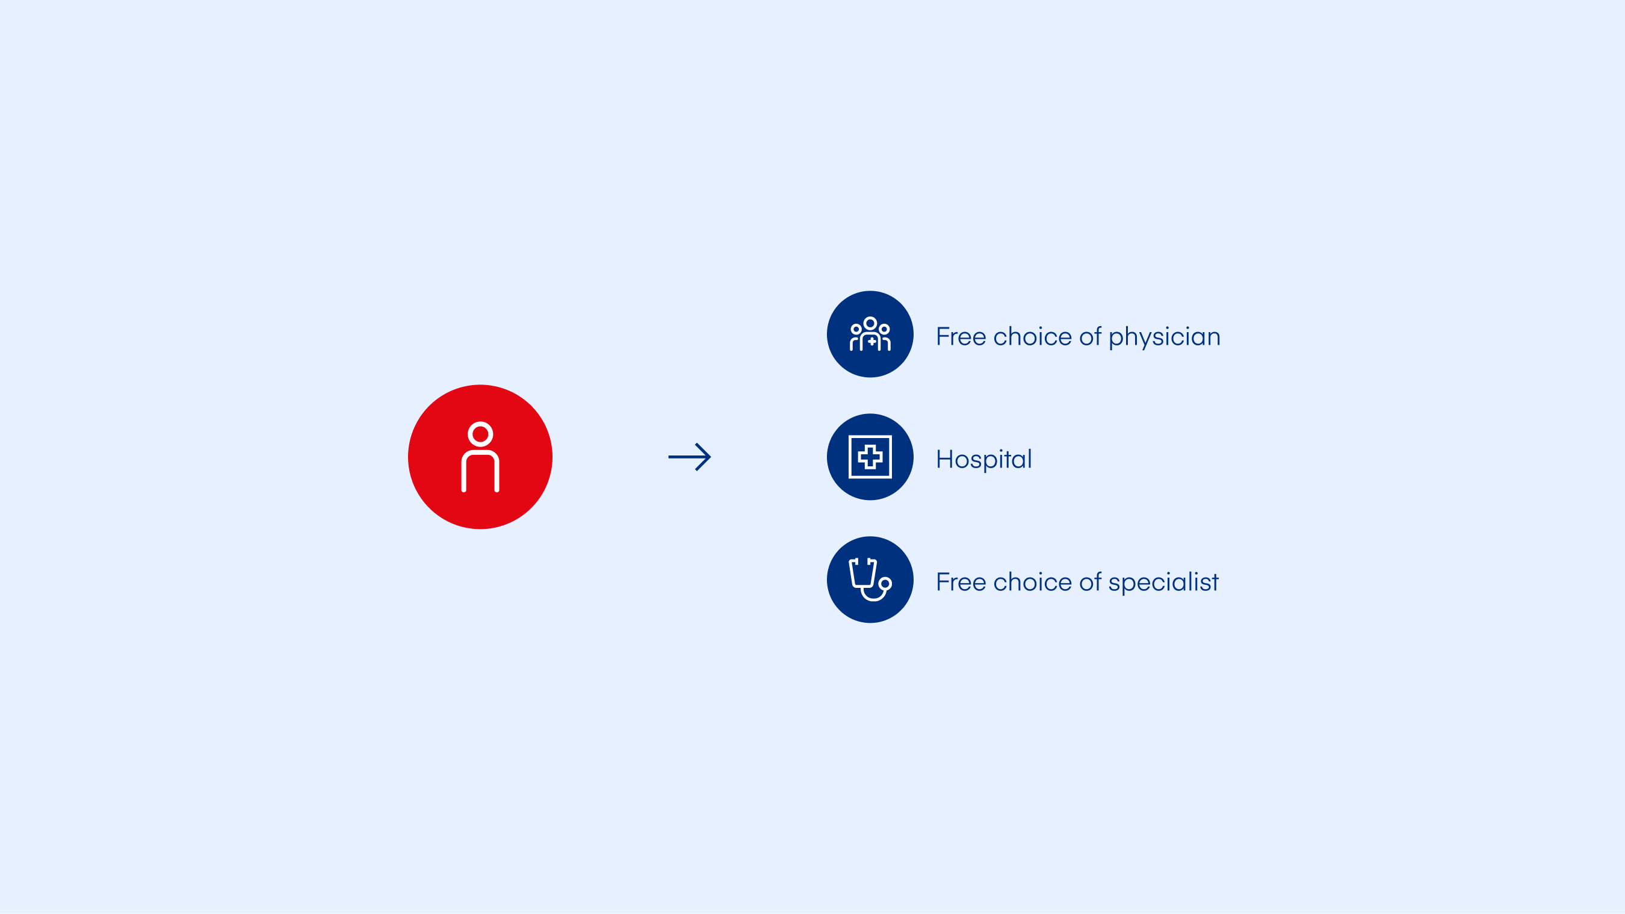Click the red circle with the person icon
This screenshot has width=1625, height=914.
[x=480, y=457]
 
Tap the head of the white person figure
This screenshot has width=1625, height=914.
[x=480, y=434]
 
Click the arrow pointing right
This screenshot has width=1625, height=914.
[x=690, y=457]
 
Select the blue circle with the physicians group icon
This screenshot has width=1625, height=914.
[x=870, y=335]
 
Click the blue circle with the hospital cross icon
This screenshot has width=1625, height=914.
[x=870, y=457]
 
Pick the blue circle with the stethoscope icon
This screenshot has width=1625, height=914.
[x=870, y=579]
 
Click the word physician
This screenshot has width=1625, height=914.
[x=1165, y=338]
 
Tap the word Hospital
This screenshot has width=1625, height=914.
[x=984, y=459]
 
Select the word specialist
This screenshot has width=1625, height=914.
[x=1163, y=583]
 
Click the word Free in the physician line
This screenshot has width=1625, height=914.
[x=961, y=336]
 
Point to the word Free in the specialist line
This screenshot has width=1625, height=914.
[x=961, y=582]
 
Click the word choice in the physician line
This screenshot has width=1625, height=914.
[x=1033, y=336]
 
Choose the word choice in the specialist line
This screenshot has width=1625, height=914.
[x=1033, y=582]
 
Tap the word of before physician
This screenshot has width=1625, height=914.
[x=1090, y=336]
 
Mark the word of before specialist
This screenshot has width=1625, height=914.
[x=1090, y=582]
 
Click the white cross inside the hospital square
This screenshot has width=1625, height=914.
[x=870, y=457]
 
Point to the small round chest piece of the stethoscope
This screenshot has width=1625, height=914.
[x=885, y=584]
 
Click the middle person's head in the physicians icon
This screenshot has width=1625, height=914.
[x=870, y=324]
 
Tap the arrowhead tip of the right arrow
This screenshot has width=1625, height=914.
[x=710, y=457]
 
